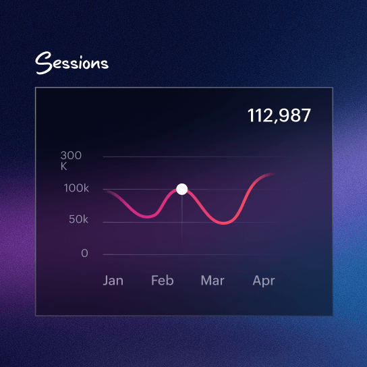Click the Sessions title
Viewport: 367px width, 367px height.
pos(72,63)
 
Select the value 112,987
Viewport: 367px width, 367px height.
pos(279,115)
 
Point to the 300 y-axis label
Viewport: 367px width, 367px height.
pos(71,156)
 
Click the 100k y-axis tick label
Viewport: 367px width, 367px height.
pos(76,188)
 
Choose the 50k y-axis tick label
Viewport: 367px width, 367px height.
pos(78,220)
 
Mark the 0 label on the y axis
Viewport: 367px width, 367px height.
pos(84,254)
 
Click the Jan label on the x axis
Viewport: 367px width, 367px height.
pos(113,281)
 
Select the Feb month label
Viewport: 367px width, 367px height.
pos(161,281)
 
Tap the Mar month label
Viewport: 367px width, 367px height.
pos(212,281)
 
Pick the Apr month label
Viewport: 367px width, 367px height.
pos(263,281)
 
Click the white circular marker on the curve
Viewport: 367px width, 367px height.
pos(181,189)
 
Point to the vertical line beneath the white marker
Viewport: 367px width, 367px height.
pos(181,219)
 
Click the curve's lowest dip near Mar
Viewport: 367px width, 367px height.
pos(225,223)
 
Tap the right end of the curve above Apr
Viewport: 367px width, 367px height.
pos(273,175)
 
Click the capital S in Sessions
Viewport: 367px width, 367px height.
pos(44,63)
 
